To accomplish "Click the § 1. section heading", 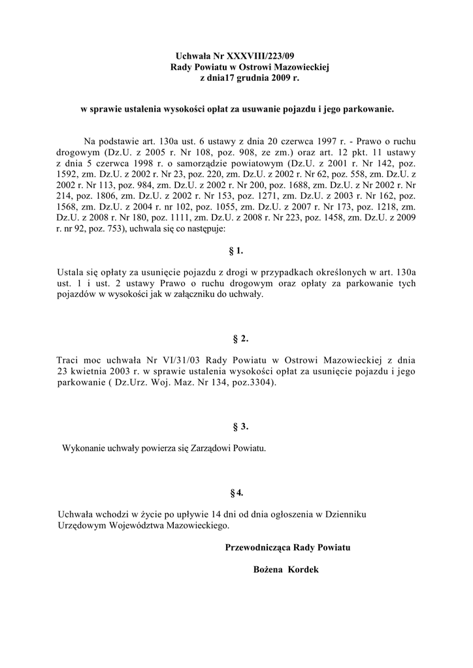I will [237, 250].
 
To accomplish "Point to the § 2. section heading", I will [240, 339].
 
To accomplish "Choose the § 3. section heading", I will [240, 427].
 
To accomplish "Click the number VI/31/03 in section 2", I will [172, 360].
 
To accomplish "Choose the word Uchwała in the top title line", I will [194, 57].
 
